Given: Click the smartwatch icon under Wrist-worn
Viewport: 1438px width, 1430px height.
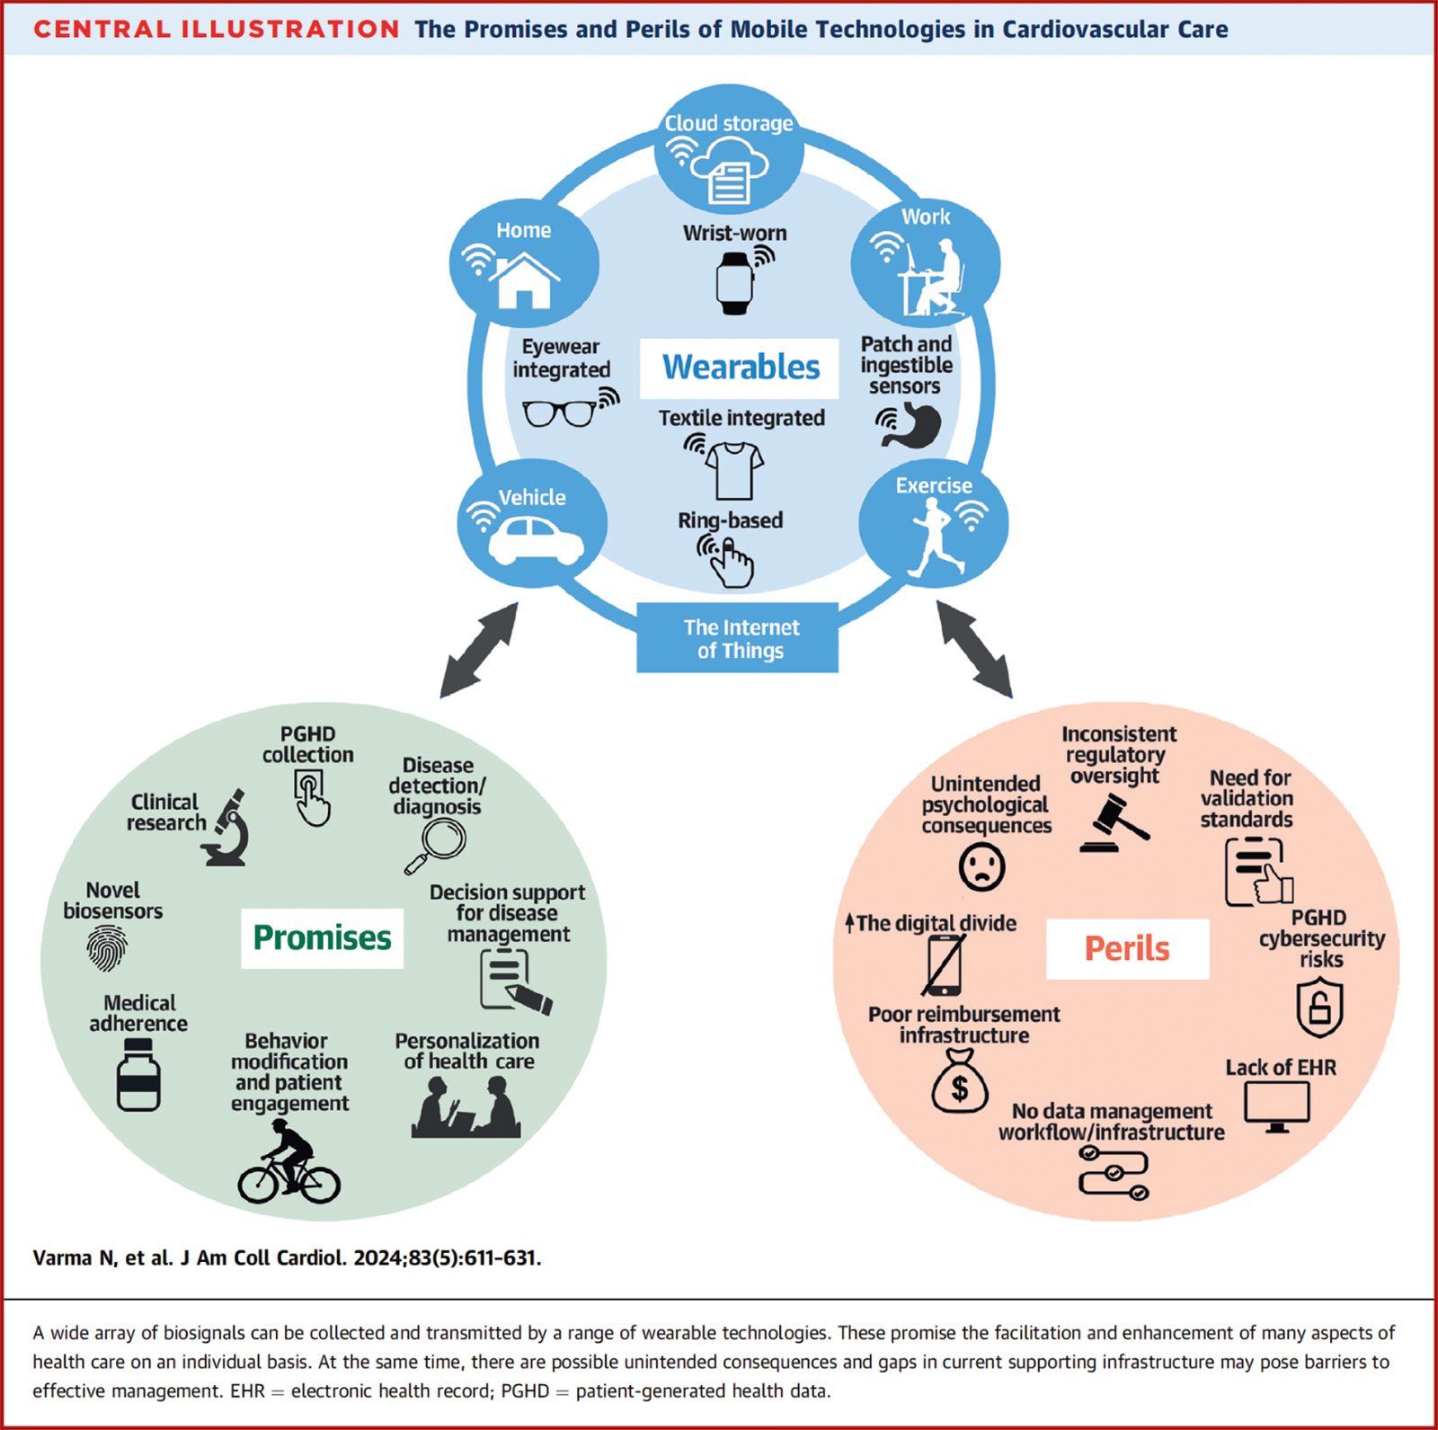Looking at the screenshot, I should click(x=734, y=283).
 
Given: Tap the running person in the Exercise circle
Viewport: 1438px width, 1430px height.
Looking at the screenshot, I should click(x=936, y=537).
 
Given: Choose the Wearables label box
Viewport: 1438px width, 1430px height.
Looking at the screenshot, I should click(x=740, y=368).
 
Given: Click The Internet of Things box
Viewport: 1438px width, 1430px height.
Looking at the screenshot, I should click(x=738, y=638).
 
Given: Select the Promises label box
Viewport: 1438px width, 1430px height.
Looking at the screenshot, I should click(x=322, y=937).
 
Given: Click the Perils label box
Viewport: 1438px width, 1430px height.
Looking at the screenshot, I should click(x=1127, y=948).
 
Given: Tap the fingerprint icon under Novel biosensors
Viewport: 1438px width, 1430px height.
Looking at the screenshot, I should click(x=106, y=948).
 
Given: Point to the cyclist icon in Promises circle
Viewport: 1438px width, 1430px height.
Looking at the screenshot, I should click(x=288, y=1164).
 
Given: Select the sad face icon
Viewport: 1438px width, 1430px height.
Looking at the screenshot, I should click(x=981, y=867).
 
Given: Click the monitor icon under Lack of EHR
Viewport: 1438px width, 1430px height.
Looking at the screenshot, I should click(x=1276, y=1106).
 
